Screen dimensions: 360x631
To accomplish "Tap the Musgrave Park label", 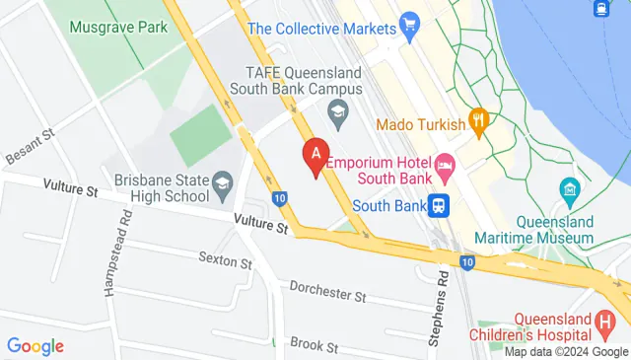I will click(x=118, y=27).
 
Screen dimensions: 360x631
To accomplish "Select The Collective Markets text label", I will click(x=322, y=29).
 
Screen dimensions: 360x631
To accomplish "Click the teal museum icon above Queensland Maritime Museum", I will click(x=568, y=188).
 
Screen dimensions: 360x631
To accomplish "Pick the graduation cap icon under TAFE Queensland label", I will click(x=338, y=111).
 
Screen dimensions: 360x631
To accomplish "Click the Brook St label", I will click(x=314, y=346).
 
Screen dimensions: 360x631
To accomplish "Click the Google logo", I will click(x=35, y=346).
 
